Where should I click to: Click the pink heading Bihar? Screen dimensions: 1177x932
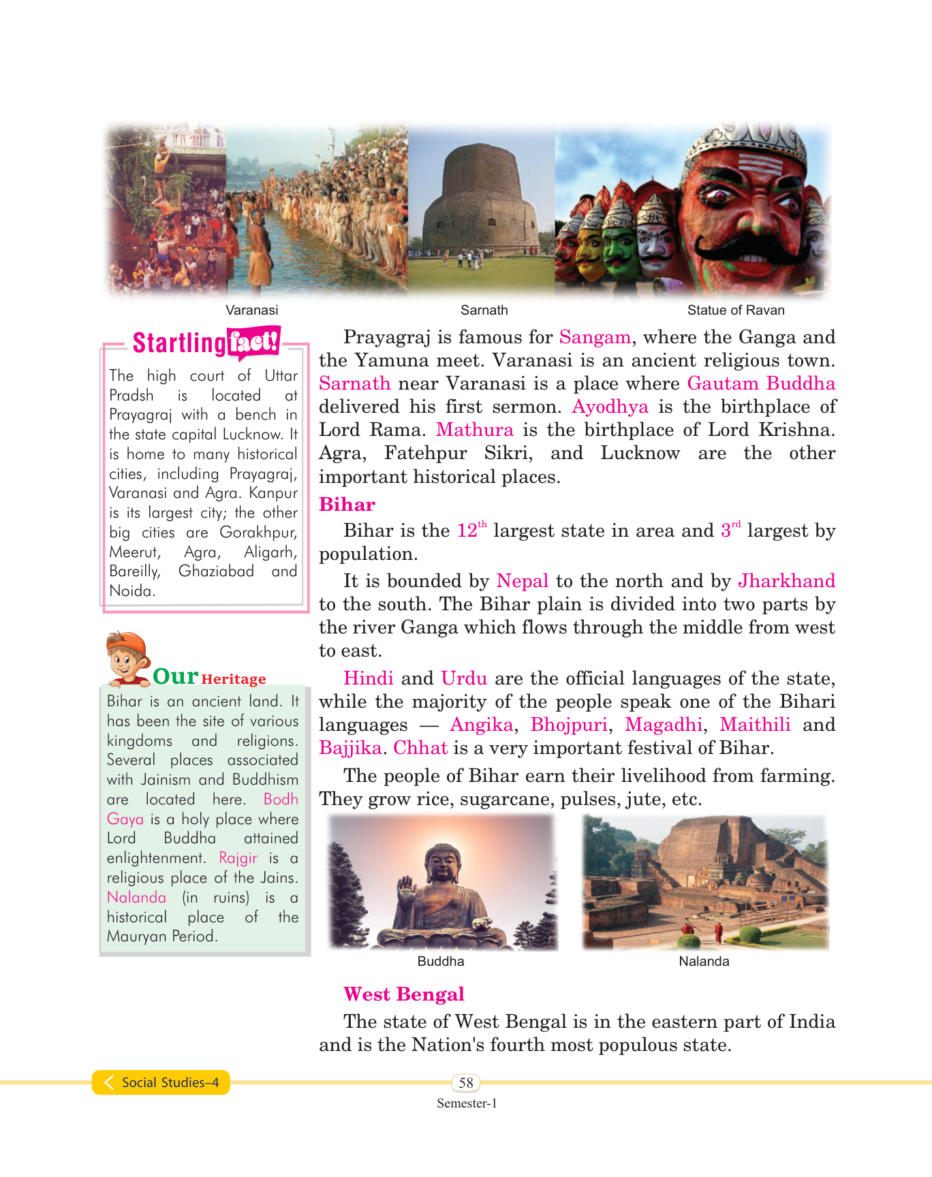click(347, 505)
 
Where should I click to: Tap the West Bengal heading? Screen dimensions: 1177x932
click(403, 994)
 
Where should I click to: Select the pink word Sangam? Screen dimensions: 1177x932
click(595, 337)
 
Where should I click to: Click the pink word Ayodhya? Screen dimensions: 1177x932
click(610, 407)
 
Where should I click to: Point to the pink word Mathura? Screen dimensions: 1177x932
click(474, 430)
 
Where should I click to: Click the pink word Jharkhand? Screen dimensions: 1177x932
click(786, 581)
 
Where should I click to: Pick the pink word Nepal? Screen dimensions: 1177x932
click(522, 581)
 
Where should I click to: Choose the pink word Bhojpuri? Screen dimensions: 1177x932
click(569, 725)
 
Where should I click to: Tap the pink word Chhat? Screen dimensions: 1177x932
click(420, 748)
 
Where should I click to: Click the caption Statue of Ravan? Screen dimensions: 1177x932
click(736, 311)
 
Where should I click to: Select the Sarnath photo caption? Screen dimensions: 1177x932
click(484, 311)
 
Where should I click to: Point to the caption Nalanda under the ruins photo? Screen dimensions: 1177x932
click(704, 962)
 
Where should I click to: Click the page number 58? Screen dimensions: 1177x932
click(466, 1083)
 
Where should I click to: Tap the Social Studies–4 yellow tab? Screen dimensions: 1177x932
click(162, 1083)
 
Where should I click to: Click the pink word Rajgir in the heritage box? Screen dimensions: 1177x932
click(238, 858)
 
